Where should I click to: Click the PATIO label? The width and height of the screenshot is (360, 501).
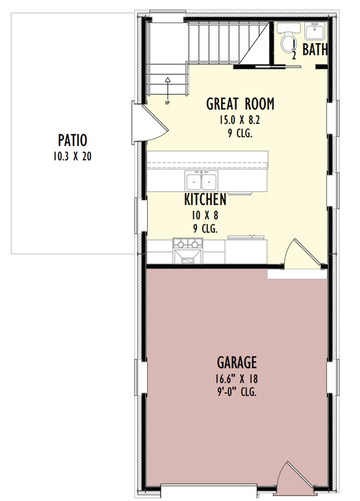pyautogui.click(x=72, y=140)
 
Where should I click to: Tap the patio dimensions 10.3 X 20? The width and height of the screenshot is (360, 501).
pyautogui.click(x=72, y=156)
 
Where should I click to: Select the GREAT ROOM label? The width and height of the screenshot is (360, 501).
pyautogui.click(x=240, y=104)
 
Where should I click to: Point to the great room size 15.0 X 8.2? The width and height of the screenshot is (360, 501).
pyautogui.click(x=240, y=120)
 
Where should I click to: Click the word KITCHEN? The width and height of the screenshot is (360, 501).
pyautogui.click(x=205, y=200)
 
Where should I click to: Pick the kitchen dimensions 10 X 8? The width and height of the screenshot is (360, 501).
pyautogui.click(x=205, y=215)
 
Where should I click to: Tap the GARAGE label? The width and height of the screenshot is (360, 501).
pyautogui.click(x=237, y=362)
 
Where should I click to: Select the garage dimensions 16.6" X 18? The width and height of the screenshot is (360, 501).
pyautogui.click(x=237, y=379)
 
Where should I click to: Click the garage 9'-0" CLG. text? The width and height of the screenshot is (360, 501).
pyautogui.click(x=237, y=393)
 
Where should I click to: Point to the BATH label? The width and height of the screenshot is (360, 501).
pyautogui.click(x=314, y=49)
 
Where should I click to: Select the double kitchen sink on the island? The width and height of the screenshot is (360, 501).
pyautogui.click(x=201, y=182)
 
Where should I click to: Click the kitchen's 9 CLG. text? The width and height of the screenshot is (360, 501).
pyautogui.click(x=205, y=229)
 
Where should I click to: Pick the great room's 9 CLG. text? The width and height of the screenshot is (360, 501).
pyautogui.click(x=240, y=133)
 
